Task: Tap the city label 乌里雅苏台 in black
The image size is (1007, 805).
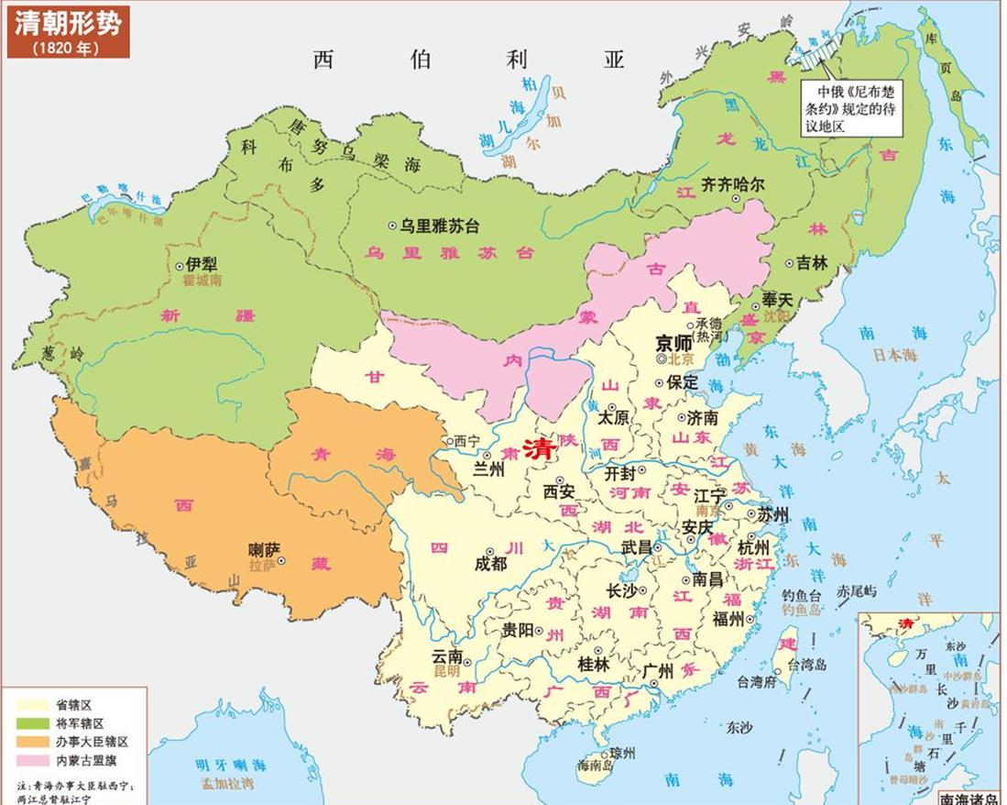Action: (439, 225)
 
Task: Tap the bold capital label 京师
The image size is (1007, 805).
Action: (676, 343)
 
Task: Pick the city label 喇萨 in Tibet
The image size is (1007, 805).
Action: (265, 550)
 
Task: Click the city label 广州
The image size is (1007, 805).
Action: (659, 671)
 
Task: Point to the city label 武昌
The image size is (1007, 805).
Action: (641, 546)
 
